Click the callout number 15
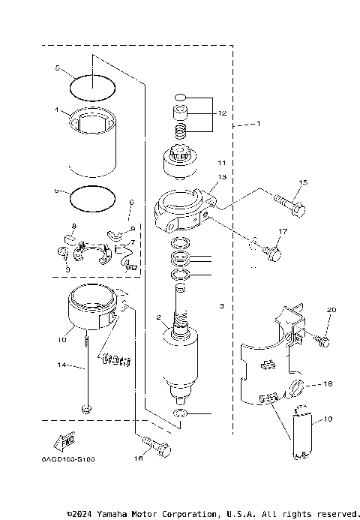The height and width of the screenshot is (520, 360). tap(303, 182)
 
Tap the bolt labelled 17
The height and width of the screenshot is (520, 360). tap(271, 255)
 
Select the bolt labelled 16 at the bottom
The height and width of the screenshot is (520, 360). tap(158, 449)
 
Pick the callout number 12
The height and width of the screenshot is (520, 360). tap(221, 113)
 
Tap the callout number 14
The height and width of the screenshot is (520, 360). tap(65, 365)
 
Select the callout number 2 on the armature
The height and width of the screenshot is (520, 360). tap(159, 318)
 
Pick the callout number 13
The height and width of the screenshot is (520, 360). tap(222, 177)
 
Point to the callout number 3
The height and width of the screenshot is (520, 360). tap(222, 305)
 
